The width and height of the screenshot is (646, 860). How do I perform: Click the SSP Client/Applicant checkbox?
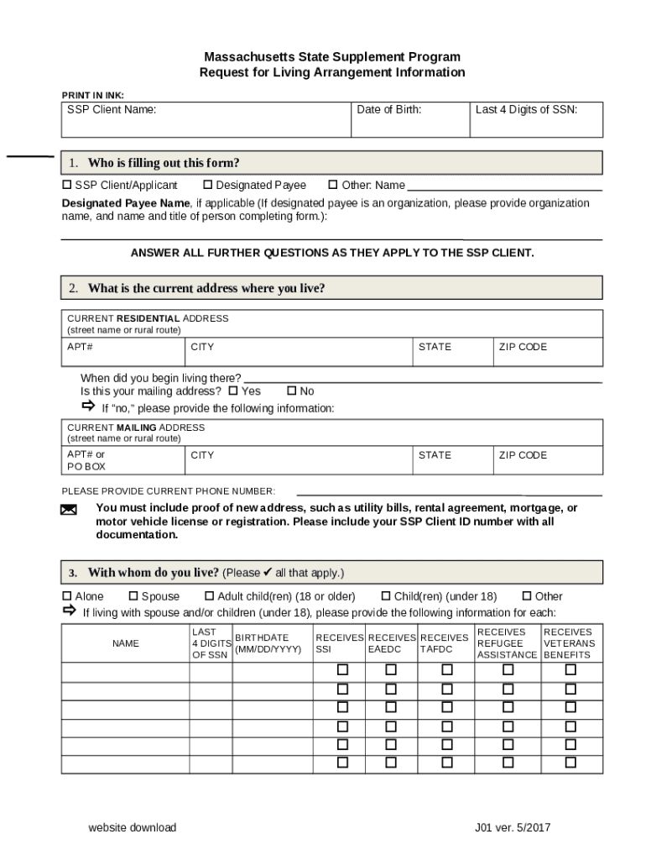pyautogui.click(x=67, y=185)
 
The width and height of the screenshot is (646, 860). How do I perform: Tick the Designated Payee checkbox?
pyautogui.click(x=208, y=185)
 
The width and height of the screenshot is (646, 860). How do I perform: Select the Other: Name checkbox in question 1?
pyautogui.click(x=332, y=185)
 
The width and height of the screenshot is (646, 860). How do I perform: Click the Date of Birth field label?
pyautogui.click(x=388, y=110)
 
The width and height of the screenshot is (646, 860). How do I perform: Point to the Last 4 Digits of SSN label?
pyautogui.click(x=526, y=110)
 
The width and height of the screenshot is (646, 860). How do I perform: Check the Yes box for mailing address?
pyautogui.click(x=234, y=391)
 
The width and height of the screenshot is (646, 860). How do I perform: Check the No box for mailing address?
pyautogui.click(x=292, y=391)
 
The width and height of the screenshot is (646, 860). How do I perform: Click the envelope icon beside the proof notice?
pyautogui.click(x=69, y=510)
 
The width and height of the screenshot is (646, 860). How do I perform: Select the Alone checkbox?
pyautogui.click(x=67, y=596)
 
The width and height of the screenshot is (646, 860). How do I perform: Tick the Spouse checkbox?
pyautogui.click(x=133, y=596)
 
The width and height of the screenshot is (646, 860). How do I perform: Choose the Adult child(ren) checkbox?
pyautogui.click(x=209, y=596)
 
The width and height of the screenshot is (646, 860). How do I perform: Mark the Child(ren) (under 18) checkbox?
pyautogui.click(x=386, y=596)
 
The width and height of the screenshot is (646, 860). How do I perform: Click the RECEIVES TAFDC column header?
pyautogui.click(x=444, y=643)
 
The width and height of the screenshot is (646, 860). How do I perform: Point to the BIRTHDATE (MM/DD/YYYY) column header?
pyautogui.click(x=268, y=643)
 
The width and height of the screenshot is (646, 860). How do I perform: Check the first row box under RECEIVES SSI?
pyautogui.click(x=342, y=670)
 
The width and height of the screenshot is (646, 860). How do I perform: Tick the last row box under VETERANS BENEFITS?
pyautogui.click(x=570, y=763)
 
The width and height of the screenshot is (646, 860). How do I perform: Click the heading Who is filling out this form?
pyautogui.click(x=164, y=163)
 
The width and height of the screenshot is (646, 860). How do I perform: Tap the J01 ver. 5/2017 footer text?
pyautogui.click(x=513, y=827)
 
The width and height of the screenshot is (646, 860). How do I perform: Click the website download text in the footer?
pyautogui.click(x=133, y=827)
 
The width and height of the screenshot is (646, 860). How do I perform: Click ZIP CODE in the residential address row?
pyautogui.click(x=523, y=347)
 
